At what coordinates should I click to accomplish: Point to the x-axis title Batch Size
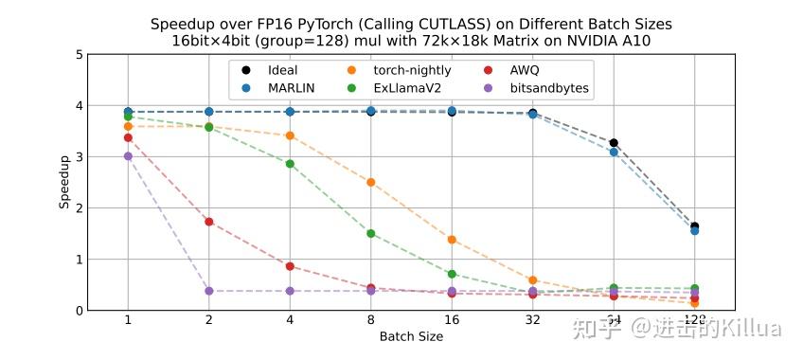[411, 336]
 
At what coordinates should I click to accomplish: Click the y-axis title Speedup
[64, 182]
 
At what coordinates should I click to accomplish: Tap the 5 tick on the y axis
[77, 54]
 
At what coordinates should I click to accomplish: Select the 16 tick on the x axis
[452, 320]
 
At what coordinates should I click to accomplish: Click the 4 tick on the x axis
[290, 320]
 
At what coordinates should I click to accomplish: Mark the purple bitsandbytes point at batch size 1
[128, 156]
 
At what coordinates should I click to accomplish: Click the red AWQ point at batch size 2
[208, 222]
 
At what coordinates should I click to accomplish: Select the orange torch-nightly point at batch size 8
[371, 182]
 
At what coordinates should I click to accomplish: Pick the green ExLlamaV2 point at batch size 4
[290, 164]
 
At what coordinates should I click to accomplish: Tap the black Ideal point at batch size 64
[614, 143]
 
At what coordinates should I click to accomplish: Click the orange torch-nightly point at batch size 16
[452, 240]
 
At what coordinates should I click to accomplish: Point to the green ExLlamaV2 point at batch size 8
[371, 233]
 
